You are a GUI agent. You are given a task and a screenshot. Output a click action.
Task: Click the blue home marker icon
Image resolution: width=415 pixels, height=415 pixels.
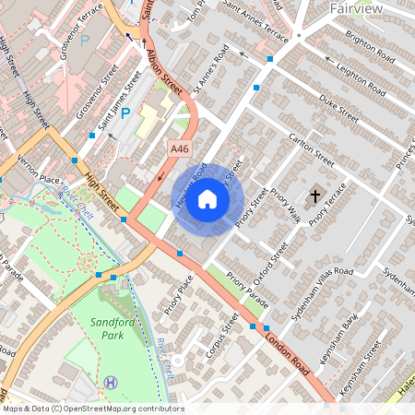point(207,198)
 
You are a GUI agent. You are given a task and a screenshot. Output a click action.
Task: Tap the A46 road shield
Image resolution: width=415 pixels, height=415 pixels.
point(180,148)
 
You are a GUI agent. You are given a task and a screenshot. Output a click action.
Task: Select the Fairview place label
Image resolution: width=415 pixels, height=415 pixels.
point(356,8)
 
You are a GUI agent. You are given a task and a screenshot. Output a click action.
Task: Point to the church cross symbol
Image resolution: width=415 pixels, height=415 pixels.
point(316,196)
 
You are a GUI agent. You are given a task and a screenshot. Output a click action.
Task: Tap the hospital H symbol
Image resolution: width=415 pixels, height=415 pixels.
point(112,381)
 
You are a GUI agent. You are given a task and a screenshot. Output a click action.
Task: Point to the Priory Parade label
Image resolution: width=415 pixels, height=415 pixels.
point(248,291)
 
